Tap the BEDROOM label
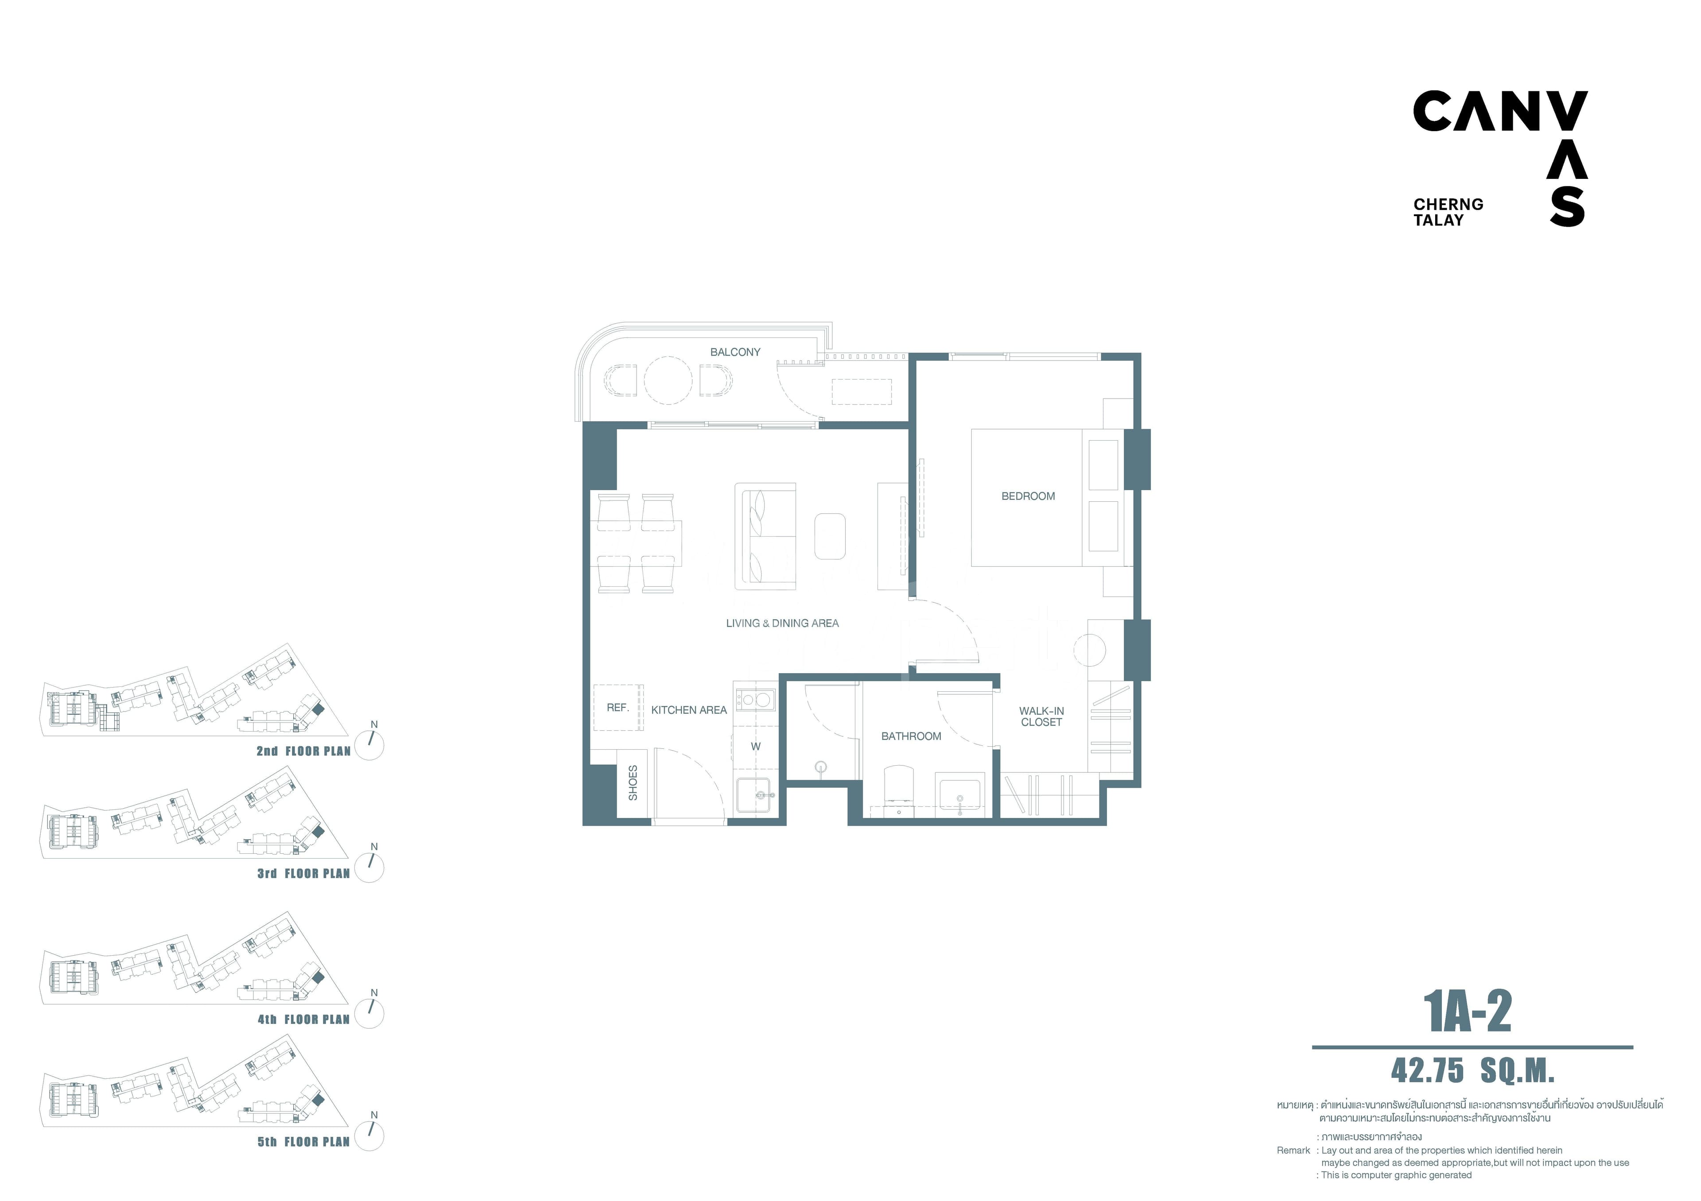(1028, 496)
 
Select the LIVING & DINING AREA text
(782, 624)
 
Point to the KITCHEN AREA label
(689, 710)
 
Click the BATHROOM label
(911, 736)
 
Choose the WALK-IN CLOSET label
(1041, 717)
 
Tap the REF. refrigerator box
(618, 708)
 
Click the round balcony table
(668, 380)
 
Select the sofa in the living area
(765, 537)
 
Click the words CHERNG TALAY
(1449, 212)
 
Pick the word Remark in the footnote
(1293, 1151)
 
